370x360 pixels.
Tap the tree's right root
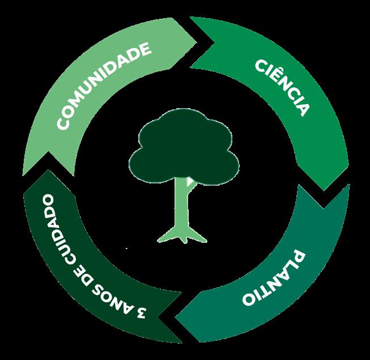click(198, 236)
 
